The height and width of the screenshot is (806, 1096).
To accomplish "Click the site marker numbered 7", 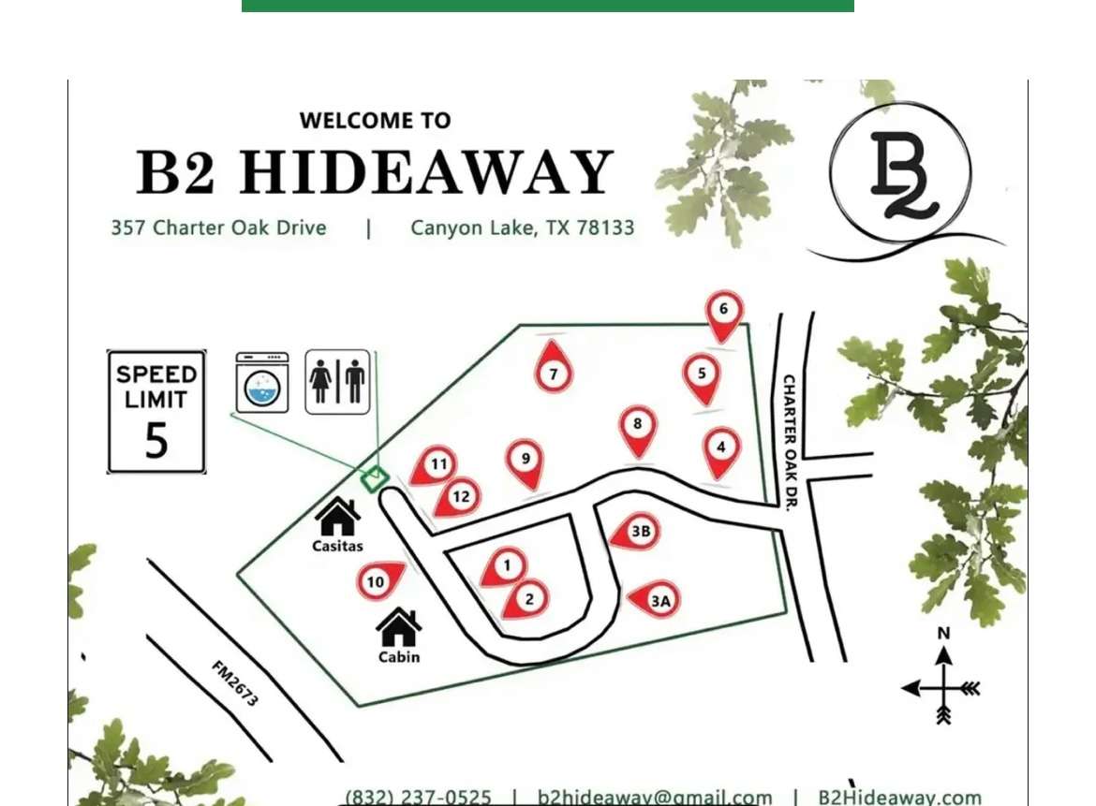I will pyautogui.click(x=553, y=373).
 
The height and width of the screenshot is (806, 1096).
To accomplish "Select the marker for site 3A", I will pyautogui.click(x=658, y=600).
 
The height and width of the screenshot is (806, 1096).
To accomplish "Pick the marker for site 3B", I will pyautogui.click(x=637, y=532).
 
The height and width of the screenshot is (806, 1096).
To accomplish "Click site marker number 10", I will pyautogui.click(x=377, y=582).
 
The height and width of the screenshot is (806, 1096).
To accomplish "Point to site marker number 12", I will pyautogui.click(x=458, y=496).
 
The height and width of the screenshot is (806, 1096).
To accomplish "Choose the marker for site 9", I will pyautogui.click(x=526, y=460).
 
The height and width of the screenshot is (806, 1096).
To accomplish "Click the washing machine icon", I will pyautogui.click(x=262, y=382).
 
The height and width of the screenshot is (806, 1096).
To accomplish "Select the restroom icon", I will pyautogui.click(x=337, y=382).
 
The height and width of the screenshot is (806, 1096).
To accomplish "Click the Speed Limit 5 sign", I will pyautogui.click(x=156, y=412).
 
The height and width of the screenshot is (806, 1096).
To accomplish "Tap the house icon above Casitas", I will pyautogui.click(x=337, y=517).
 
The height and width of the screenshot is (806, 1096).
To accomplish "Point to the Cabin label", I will pyautogui.click(x=399, y=657).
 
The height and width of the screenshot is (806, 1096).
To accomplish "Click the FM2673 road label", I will pyautogui.click(x=235, y=683).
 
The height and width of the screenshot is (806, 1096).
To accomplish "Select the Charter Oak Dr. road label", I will pyautogui.click(x=789, y=442).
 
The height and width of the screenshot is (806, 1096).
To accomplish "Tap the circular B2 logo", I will pyautogui.click(x=900, y=174).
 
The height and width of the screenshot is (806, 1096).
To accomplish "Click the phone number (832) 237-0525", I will pyautogui.click(x=419, y=798).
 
